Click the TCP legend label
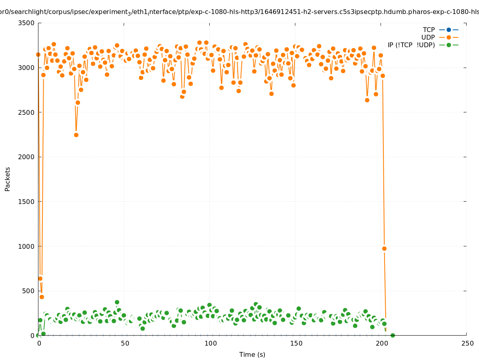click(429, 30)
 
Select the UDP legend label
click(428, 37)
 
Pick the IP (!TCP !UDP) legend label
click(411, 45)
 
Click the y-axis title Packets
click(8, 179)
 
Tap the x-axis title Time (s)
click(252, 354)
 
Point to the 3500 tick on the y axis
click(26, 23)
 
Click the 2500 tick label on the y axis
click(26, 112)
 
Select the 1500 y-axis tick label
click(26, 202)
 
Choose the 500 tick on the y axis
click(28, 291)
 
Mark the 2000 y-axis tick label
click(26, 157)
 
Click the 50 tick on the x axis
click(125, 343)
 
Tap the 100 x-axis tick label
click(210, 343)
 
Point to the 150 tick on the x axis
click(296, 343)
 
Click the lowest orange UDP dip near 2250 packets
click(76, 135)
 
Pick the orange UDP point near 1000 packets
click(384, 248)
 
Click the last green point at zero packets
click(393, 335)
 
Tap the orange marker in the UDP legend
click(449, 37)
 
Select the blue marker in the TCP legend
click(449, 30)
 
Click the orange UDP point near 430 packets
click(42, 297)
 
